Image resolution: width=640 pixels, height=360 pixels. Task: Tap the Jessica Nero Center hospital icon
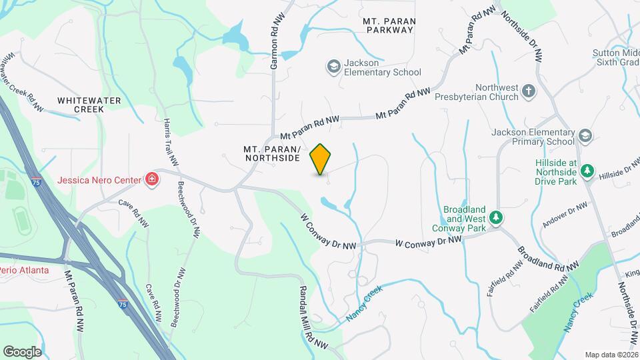pos(152,179)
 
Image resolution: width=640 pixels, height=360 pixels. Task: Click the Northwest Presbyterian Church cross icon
pos(529,91)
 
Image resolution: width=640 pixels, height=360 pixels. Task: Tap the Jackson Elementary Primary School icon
pos(585,136)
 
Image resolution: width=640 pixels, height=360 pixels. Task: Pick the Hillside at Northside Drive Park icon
pos(587,171)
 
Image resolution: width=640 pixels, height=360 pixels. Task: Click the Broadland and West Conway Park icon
pos(495,217)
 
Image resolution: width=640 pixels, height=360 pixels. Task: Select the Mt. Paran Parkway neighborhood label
pos(390,25)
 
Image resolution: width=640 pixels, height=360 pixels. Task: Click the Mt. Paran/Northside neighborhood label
pos(272,153)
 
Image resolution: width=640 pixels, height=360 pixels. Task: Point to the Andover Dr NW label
pos(565,215)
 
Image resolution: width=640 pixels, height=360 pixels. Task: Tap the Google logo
pos(22,351)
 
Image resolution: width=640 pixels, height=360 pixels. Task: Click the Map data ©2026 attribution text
pos(611,355)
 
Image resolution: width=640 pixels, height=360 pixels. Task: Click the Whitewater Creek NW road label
pos(23,83)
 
